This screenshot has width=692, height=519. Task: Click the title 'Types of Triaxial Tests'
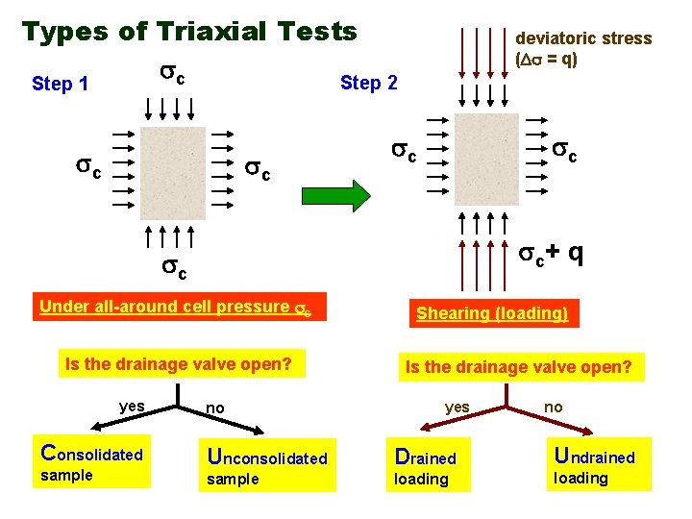(x=189, y=32)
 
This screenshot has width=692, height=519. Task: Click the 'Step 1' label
(x=60, y=84)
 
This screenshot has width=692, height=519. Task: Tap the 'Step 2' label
(x=368, y=84)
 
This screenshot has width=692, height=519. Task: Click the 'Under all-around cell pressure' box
(x=181, y=308)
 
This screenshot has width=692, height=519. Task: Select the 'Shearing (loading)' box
(x=491, y=313)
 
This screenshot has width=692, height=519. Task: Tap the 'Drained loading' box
(x=428, y=466)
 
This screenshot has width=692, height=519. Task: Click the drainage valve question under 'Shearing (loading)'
(x=519, y=366)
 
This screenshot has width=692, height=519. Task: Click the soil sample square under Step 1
(x=171, y=174)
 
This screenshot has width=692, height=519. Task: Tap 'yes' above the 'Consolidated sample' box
(x=132, y=407)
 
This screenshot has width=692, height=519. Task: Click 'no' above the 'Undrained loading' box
(x=553, y=408)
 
